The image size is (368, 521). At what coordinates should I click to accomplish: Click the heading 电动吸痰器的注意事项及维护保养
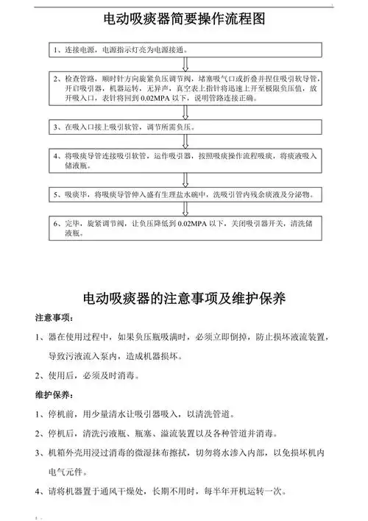click(x=184, y=298)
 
